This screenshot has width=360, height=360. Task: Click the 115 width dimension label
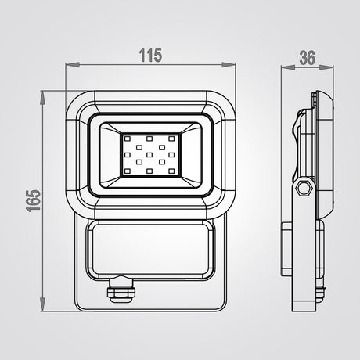(x=150, y=55)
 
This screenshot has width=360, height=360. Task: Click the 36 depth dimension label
(x=307, y=58)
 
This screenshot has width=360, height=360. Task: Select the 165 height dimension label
(x=34, y=200)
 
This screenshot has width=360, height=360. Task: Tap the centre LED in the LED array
(x=149, y=155)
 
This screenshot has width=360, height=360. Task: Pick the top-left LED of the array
(x=128, y=139)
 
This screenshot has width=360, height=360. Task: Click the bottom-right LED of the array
(x=171, y=171)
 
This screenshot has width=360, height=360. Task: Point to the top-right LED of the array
(x=171, y=139)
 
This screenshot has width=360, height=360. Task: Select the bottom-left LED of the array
(x=128, y=171)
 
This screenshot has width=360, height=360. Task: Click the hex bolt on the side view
(x=304, y=187)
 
